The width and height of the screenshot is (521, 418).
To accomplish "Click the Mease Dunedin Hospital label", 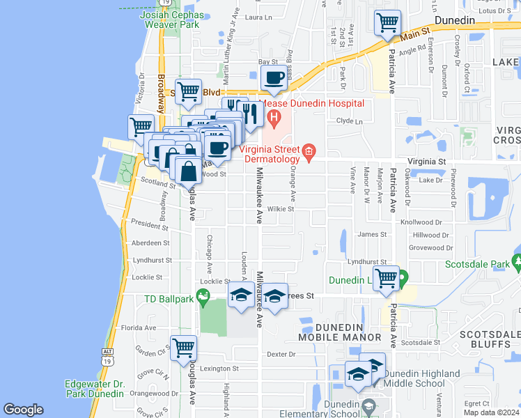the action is point(312,104).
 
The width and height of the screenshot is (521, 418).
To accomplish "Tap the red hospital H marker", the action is point(274,116).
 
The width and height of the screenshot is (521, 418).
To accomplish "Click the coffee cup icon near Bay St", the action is point(274,78).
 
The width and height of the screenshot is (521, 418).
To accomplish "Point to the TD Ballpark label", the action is point(168,300).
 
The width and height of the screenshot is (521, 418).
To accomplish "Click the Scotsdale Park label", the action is point(478,265).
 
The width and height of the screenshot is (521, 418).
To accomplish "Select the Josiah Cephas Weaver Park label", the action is point(169,20).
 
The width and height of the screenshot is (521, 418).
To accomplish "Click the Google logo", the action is point(23,410).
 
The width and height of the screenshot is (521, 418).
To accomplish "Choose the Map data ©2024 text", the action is point(492,412).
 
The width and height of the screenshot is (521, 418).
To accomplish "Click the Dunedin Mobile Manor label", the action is point(339,332).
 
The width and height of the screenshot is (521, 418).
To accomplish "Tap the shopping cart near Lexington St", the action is point(184,347).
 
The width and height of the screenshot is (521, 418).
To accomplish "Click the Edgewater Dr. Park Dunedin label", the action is point(94,389).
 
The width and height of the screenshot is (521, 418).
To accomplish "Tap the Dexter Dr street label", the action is point(281,354).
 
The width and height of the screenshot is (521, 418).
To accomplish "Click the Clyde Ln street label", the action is point(350,121).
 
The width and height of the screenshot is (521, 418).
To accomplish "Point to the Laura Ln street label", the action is point(258,17).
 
